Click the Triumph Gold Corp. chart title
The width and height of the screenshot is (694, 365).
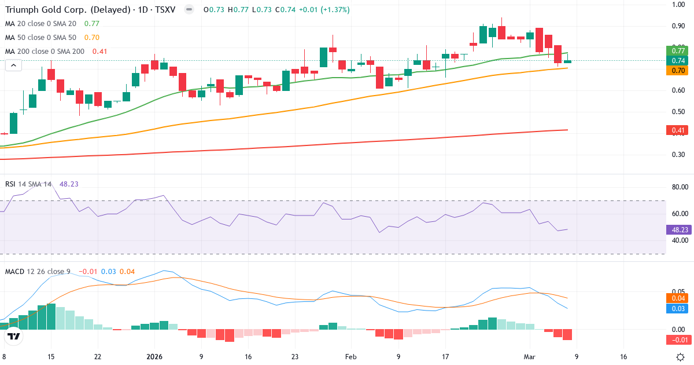[90, 10]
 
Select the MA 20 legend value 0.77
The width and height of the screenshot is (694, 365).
[92, 24]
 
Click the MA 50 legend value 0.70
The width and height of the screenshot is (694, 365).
[92, 38]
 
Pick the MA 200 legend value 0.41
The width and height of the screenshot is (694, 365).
[100, 52]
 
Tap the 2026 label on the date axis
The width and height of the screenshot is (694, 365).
[155, 357]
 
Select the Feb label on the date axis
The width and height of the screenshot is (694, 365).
[351, 357]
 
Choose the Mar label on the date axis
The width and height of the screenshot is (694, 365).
[530, 357]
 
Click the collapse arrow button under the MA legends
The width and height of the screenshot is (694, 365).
[13, 65]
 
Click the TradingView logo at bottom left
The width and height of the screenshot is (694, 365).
[14, 336]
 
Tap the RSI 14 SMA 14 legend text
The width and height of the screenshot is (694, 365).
[28, 184]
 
